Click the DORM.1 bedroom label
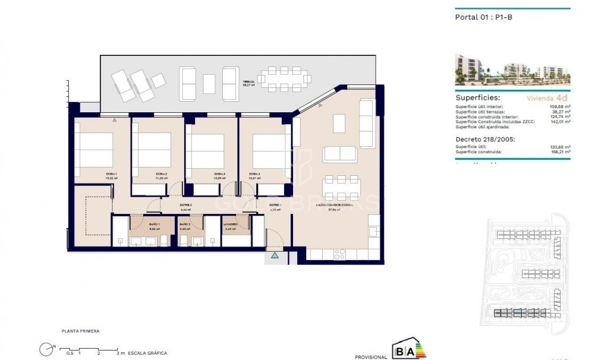(x=95, y=174)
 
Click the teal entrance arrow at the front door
(x=275, y=255)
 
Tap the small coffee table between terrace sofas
(x=209, y=83)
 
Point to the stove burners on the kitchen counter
(x=340, y=254)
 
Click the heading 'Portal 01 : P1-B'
(x=483, y=17)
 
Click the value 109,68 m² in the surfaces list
(x=559, y=106)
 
